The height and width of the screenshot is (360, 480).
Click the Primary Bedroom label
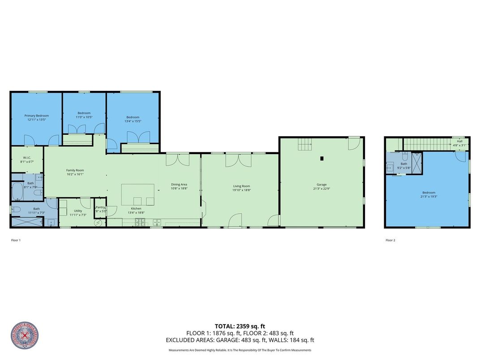(x=36, y=116)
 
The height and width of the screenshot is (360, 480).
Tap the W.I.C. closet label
(x=26, y=158)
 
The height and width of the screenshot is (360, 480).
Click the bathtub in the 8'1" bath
(x=18, y=191)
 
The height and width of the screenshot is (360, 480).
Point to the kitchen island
(x=138, y=194)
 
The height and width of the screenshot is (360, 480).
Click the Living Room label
(x=241, y=186)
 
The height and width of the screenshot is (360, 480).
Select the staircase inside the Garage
(x=305, y=144)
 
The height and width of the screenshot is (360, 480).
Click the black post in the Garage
(x=321, y=158)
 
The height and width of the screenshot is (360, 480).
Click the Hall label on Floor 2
(x=459, y=141)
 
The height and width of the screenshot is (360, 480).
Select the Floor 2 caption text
(x=390, y=240)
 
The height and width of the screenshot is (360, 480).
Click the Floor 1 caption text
(x=16, y=240)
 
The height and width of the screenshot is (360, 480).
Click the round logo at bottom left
(x=24, y=336)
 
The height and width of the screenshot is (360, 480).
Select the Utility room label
(x=78, y=210)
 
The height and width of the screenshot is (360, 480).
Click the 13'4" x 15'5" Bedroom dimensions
(x=133, y=121)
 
